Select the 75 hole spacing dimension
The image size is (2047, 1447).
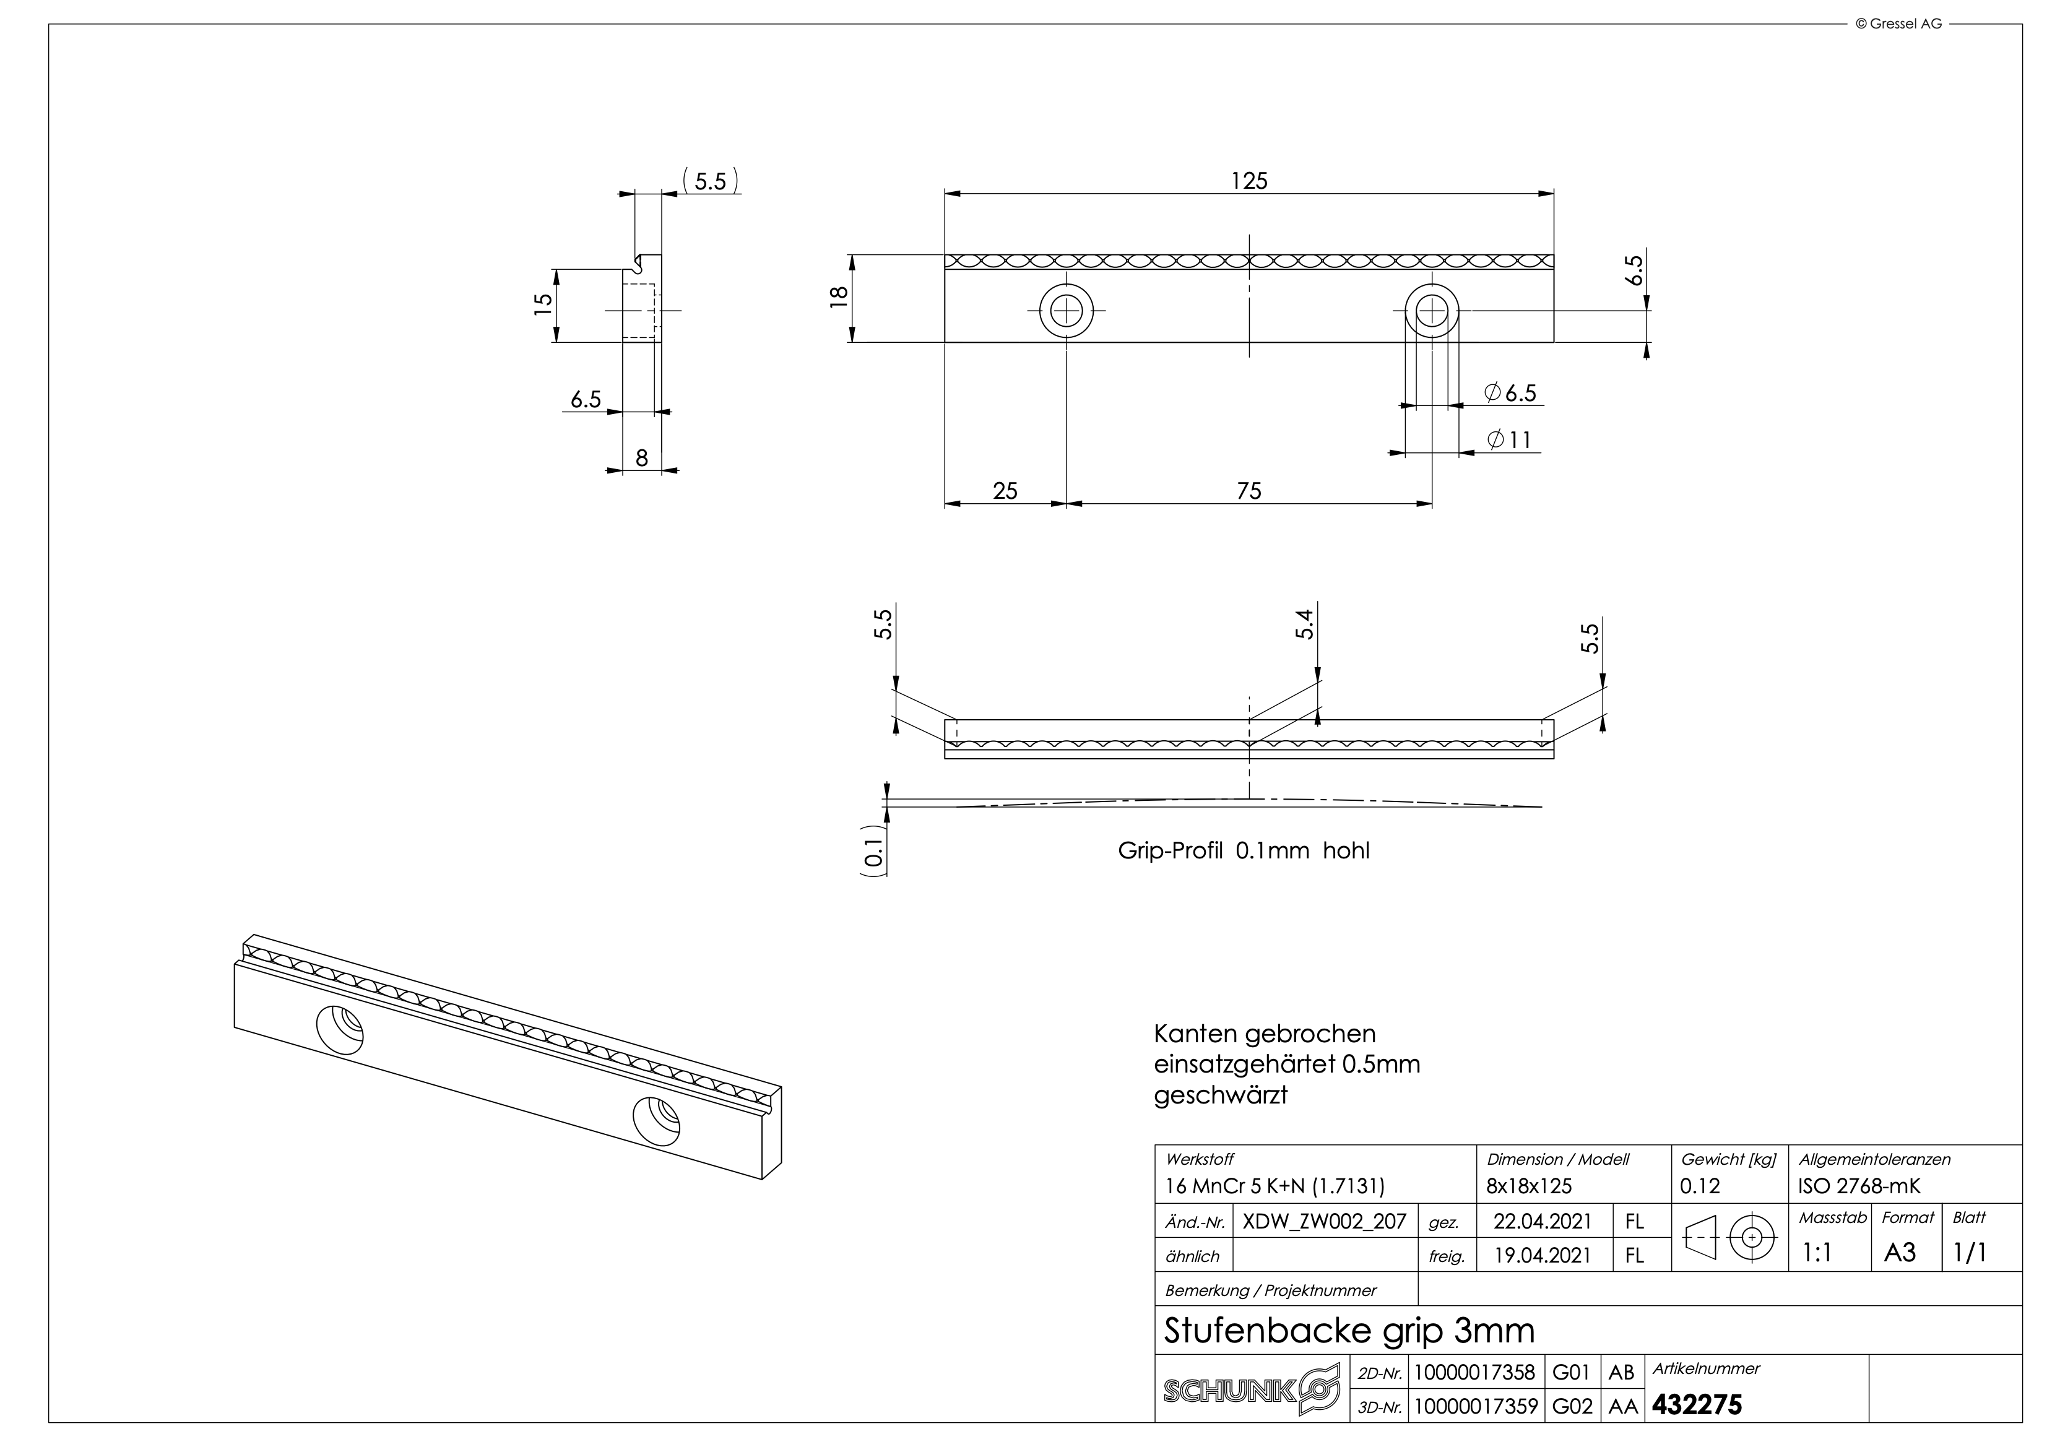pos(1249,491)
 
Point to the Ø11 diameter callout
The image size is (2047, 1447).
pos(1508,439)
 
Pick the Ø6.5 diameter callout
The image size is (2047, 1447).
pos(1510,393)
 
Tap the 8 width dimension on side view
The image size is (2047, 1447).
pos(642,458)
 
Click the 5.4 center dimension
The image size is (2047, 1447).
pos(1304,624)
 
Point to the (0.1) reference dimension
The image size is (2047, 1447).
pos(875,852)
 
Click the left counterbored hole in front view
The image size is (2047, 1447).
pos(1067,311)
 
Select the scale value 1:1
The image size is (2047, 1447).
pos(1816,1253)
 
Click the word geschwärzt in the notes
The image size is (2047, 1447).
pos(1221,1095)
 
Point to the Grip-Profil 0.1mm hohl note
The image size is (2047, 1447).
pos(1244,850)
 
